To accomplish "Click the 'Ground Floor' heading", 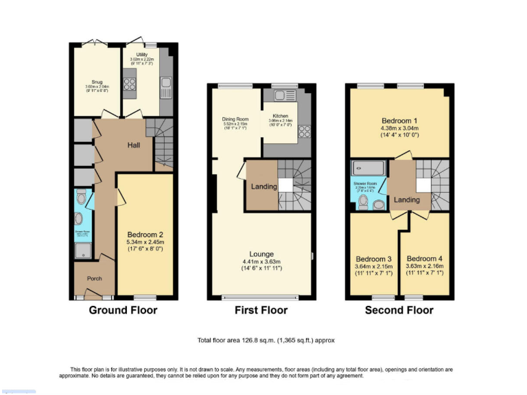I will [123, 310].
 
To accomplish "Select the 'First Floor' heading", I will [261, 310].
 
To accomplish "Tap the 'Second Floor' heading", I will [399, 310].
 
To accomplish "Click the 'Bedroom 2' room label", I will [145, 234].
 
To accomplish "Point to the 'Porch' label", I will [94, 278].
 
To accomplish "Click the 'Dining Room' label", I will [234, 119].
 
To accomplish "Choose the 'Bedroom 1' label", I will [399, 121].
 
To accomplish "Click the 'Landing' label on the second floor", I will [407, 200].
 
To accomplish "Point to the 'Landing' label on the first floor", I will [264, 187].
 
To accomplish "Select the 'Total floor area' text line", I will [266, 340].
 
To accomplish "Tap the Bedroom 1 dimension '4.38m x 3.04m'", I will [399, 128].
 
